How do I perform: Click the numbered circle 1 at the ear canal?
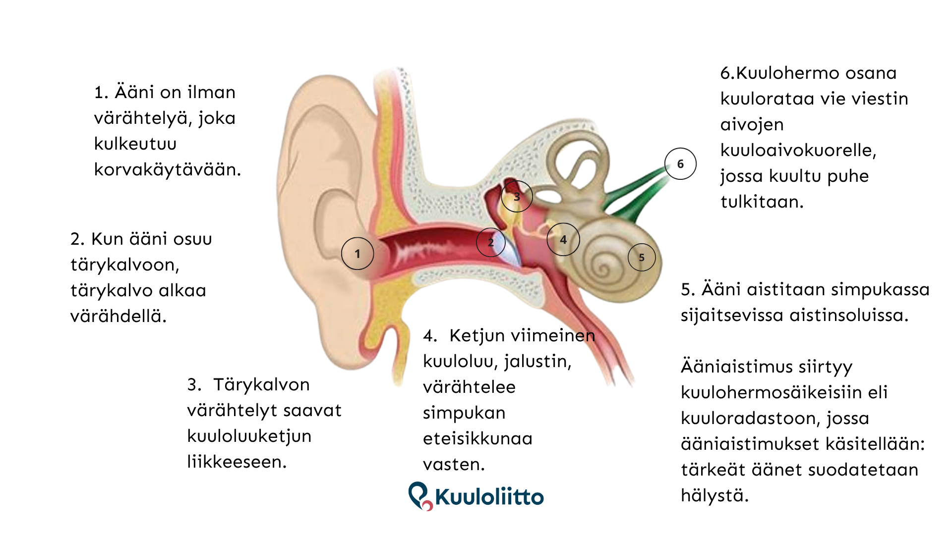tap(357, 254)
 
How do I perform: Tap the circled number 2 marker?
tap(491, 242)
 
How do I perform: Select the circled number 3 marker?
tap(517, 197)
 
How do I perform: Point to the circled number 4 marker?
tap(563, 239)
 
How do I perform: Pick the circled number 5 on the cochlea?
tap(642, 258)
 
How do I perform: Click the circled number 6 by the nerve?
tap(680, 164)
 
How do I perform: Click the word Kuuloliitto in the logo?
tap(489, 497)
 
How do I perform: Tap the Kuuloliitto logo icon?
tap(419, 495)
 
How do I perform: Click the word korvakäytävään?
tap(168, 170)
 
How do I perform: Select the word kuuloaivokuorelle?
tap(798, 150)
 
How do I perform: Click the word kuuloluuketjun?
tap(249, 436)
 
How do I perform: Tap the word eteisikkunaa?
tap(477, 438)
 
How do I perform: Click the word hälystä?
tap(714, 495)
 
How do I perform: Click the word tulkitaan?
tap(762, 202)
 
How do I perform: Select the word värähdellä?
tap(119, 316)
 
